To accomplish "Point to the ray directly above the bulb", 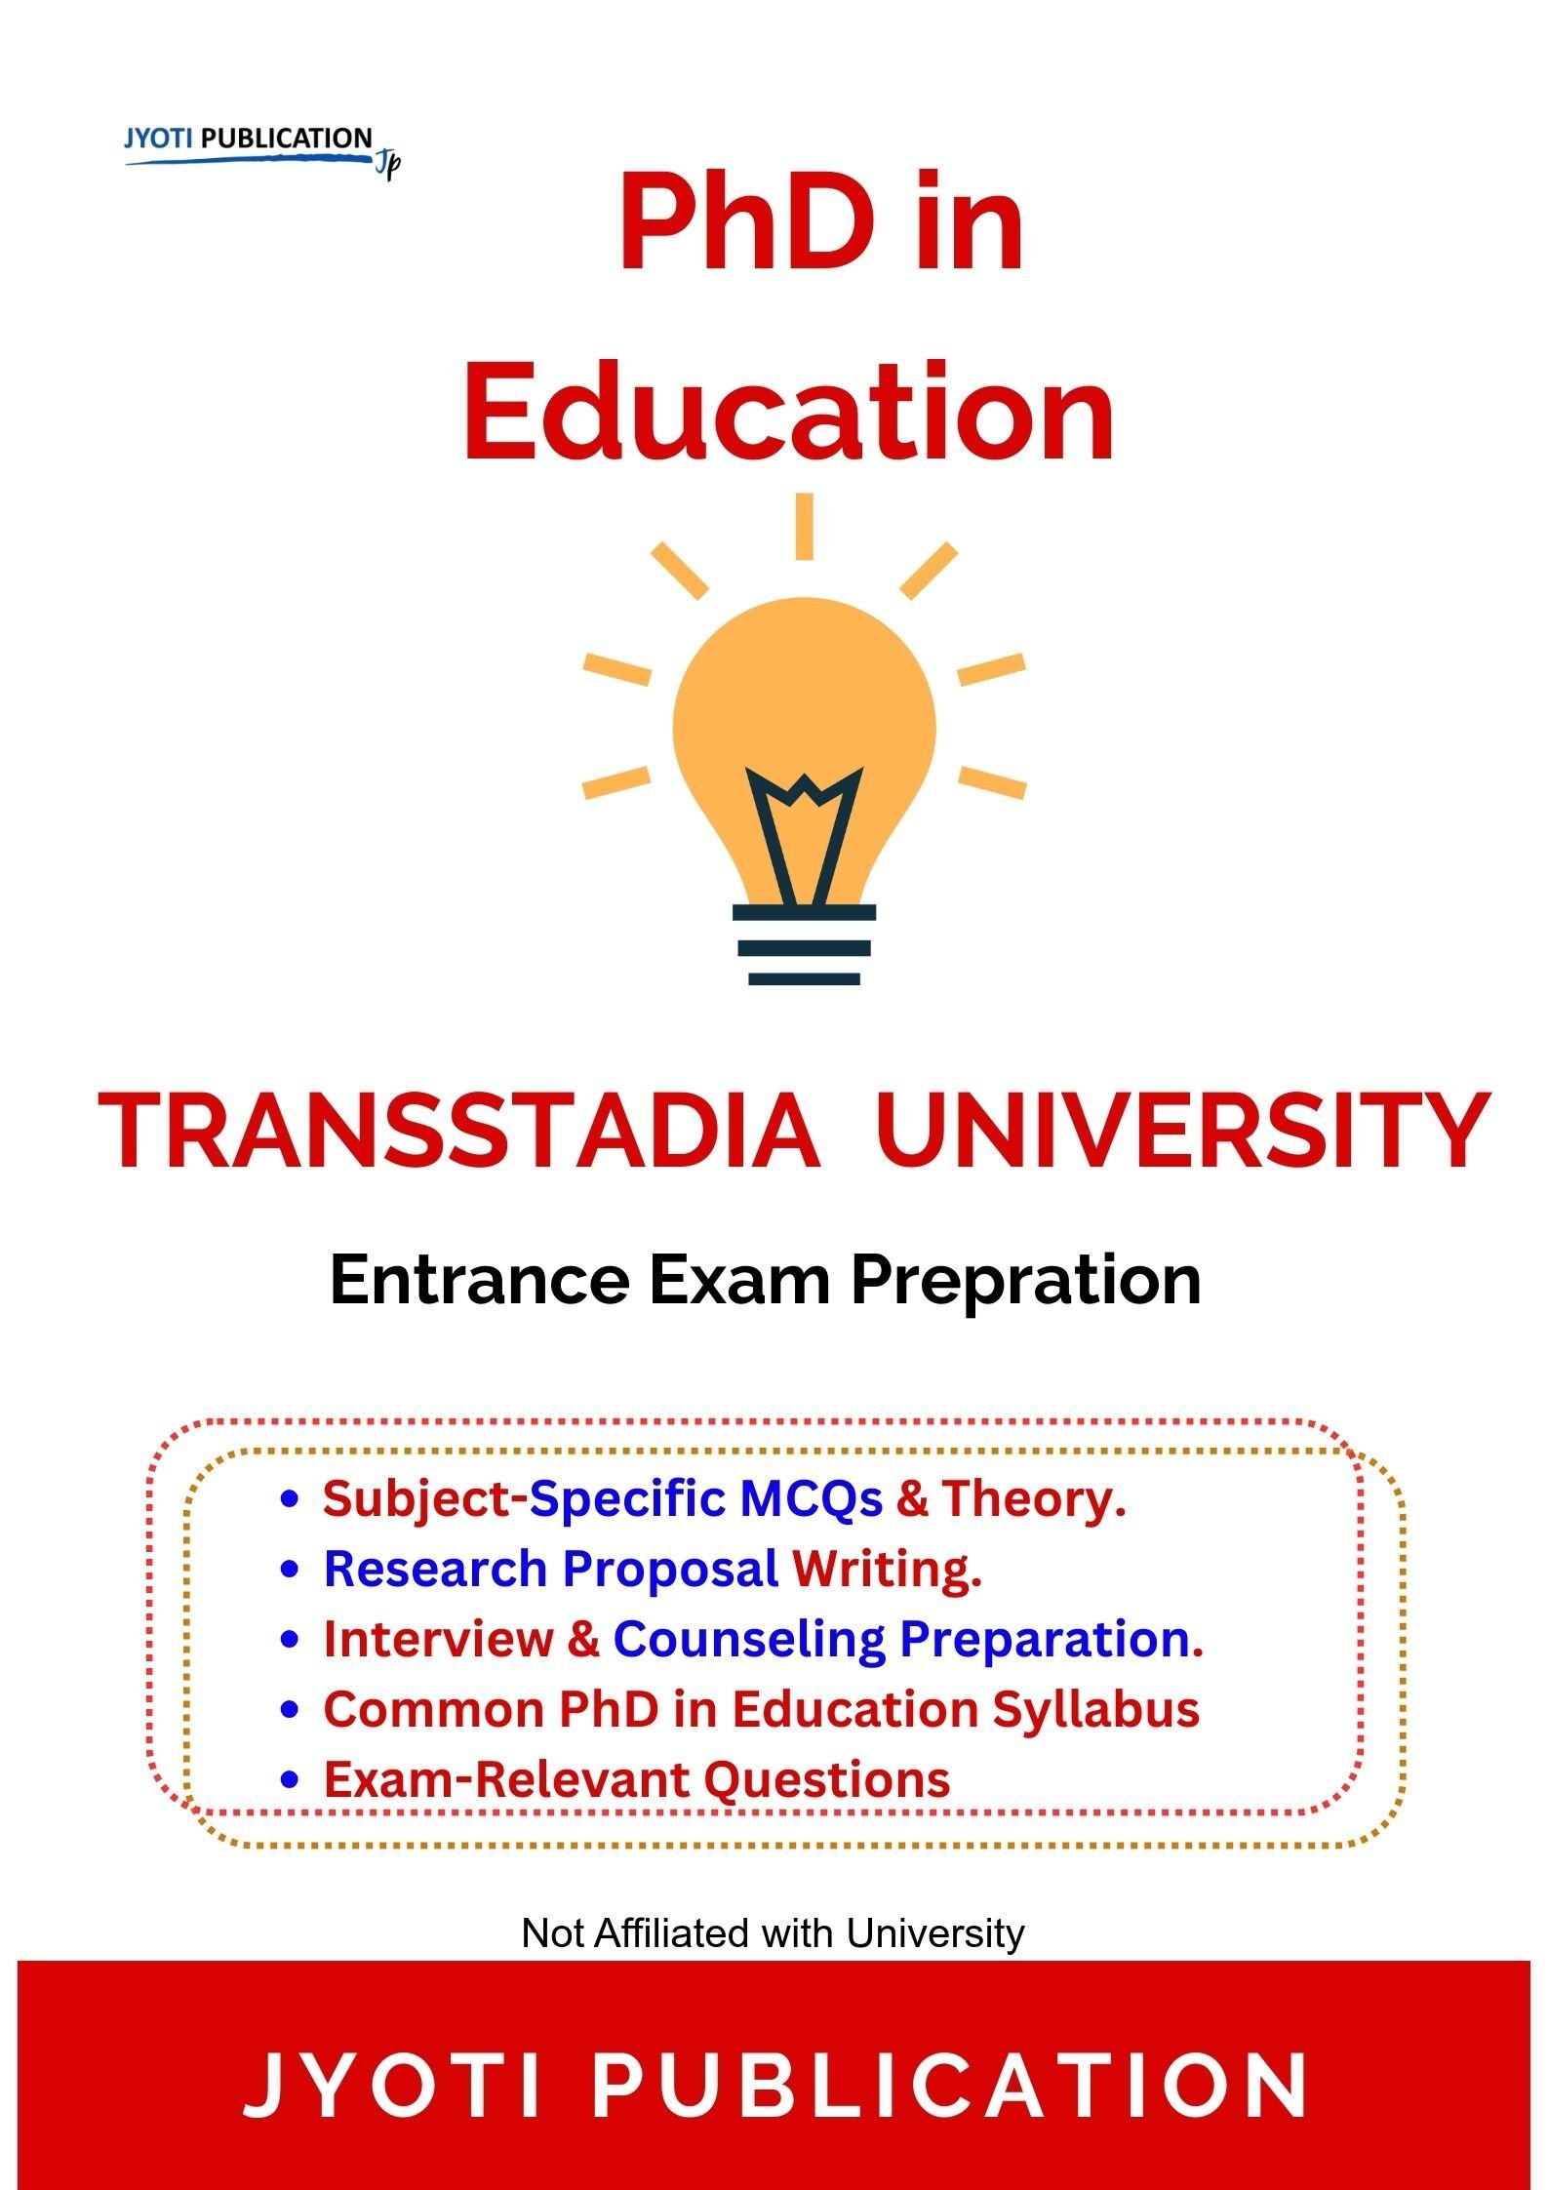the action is pyautogui.click(x=804, y=526).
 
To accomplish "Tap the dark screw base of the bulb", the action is pyautogui.click(x=804, y=944).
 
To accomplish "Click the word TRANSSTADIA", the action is pyautogui.click(x=458, y=1131).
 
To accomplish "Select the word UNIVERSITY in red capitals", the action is pyautogui.click(x=1182, y=1131).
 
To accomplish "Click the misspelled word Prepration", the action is pyautogui.click(x=1026, y=1282).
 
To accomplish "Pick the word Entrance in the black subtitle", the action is pyautogui.click(x=479, y=1280).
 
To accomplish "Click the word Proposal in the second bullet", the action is pyautogui.click(x=670, y=1570).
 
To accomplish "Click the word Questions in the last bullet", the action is pyautogui.click(x=827, y=1779).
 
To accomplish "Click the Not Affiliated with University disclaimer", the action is pyautogui.click(x=773, y=1932).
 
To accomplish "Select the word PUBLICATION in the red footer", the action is pyautogui.click(x=950, y=2086).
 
